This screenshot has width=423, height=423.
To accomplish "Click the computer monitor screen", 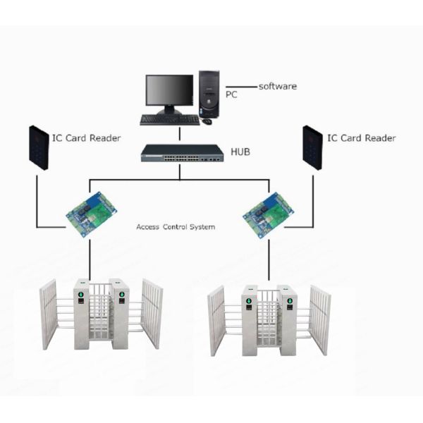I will click(169, 89).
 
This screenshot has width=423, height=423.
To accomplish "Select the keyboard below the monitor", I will click(169, 120).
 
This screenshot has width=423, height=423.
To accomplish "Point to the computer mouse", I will click(207, 121).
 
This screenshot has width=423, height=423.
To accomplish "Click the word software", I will click(278, 86).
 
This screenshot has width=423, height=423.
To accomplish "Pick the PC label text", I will click(231, 93).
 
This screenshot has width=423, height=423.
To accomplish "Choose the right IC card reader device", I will click(312, 147).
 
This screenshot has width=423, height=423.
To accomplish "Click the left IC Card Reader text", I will click(86, 137).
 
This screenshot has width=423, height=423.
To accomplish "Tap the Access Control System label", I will click(175, 228).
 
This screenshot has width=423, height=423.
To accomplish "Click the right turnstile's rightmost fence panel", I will click(320, 321).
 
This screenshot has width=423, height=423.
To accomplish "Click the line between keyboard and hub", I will click(179, 134).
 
